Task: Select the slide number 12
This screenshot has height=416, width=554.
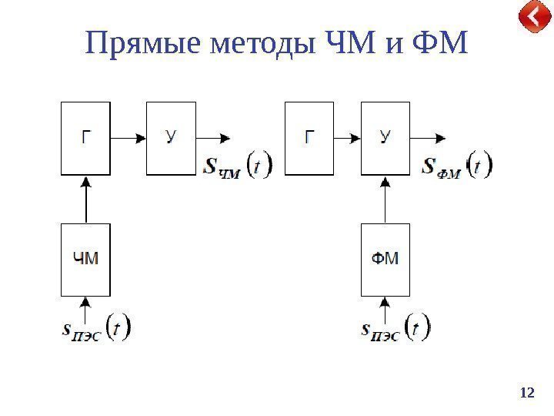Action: (x=527, y=393)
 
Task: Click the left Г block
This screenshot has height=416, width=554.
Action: (x=85, y=138)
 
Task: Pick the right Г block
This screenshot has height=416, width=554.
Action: (x=309, y=138)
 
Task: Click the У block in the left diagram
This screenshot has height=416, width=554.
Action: (x=171, y=138)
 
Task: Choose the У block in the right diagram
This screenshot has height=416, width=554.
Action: (x=385, y=138)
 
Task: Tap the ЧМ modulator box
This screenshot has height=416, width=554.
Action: (x=85, y=259)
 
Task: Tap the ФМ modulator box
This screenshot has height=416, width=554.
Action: (x=385, y=259)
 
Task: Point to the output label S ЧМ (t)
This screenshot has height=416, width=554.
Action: (x=237, y=166)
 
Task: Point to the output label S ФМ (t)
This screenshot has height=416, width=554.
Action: (x=457, y=166)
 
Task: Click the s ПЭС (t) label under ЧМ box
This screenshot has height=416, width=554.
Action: (x=95, y=329)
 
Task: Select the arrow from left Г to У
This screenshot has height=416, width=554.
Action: (x=128, y=139)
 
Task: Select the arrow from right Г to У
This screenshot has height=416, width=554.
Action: (x=347, y=139)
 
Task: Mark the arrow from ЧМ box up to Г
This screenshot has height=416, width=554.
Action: (x=86, y=200)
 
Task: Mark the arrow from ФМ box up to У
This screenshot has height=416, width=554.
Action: (x=385, y=200)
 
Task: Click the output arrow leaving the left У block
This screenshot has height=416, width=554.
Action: (x=213, y=139)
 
